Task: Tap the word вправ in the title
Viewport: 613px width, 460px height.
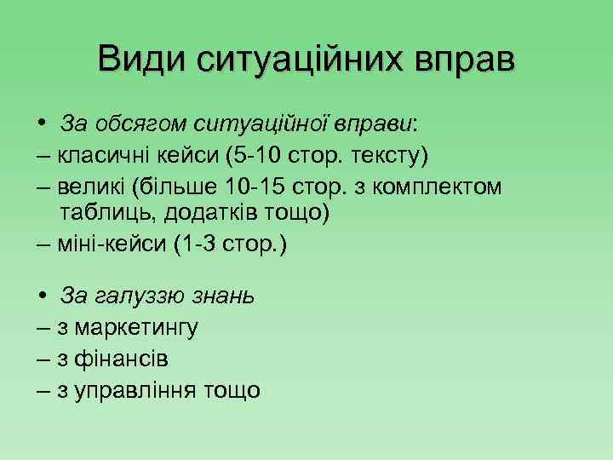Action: tap(466, 60)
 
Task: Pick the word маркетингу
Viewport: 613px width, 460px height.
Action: tap(138, 327)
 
